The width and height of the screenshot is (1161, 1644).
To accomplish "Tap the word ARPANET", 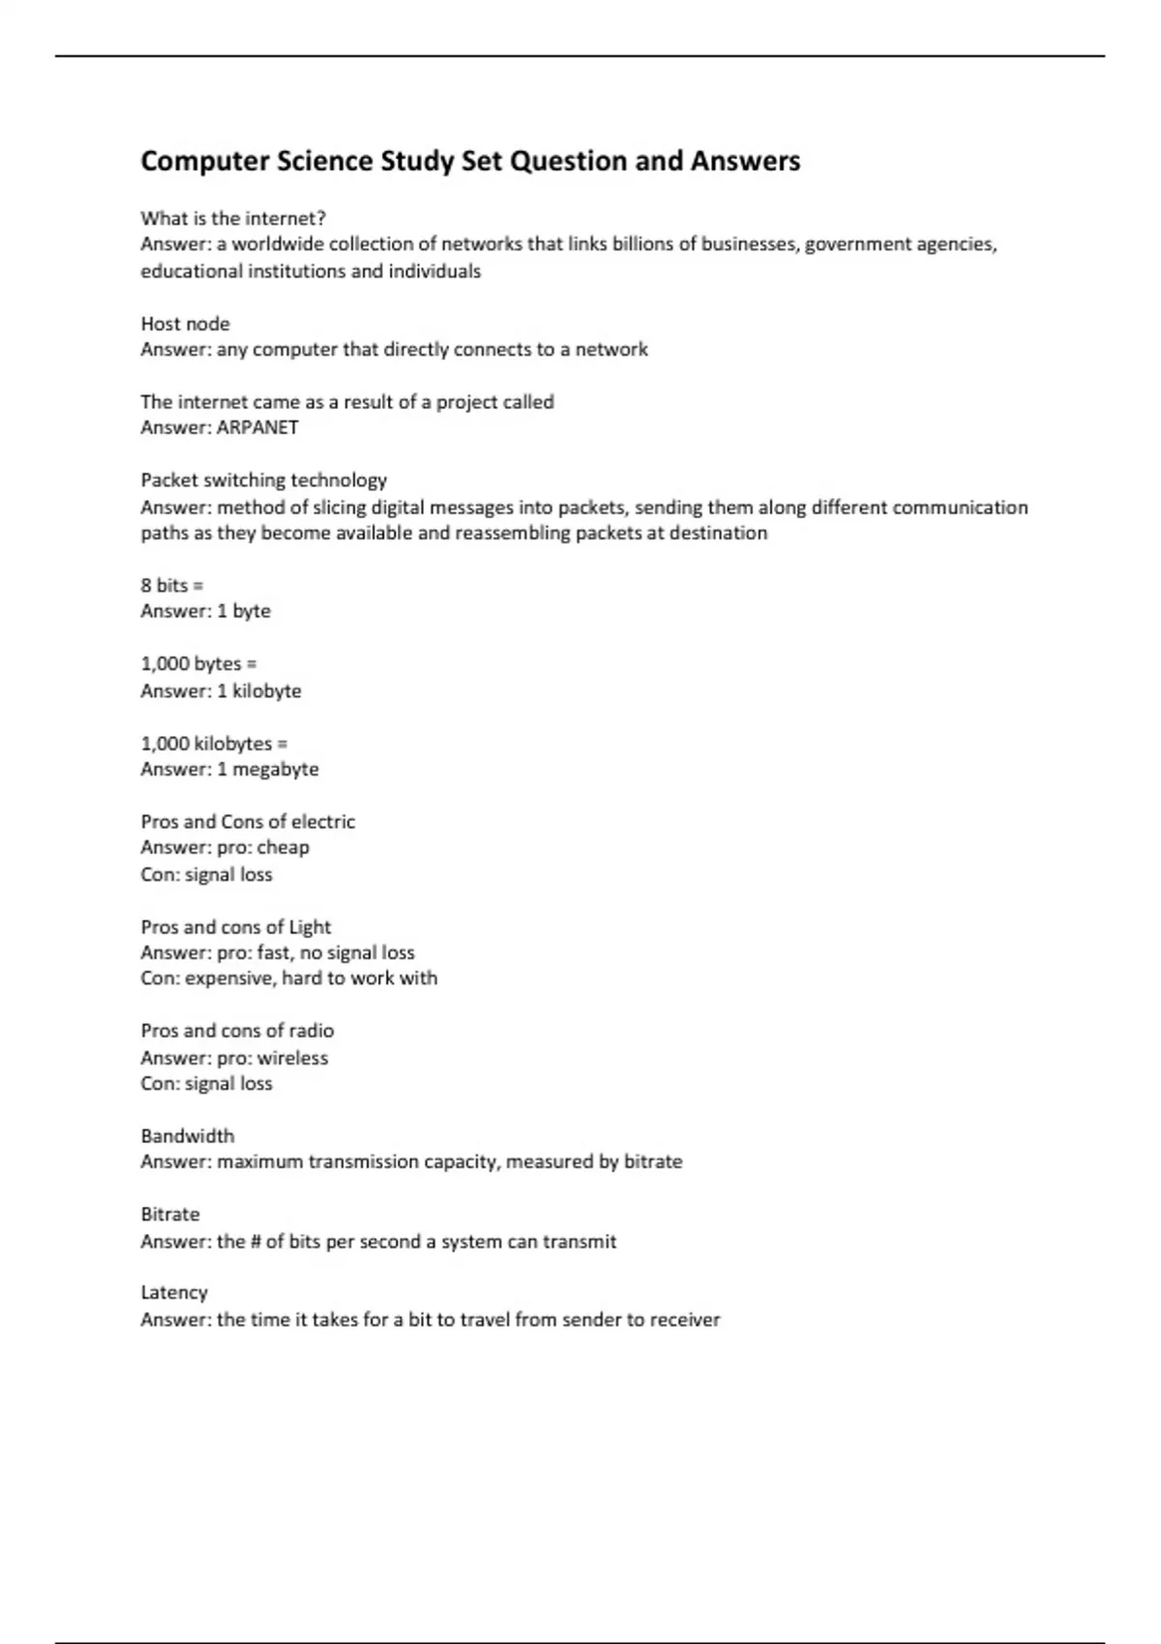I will [x=257, y=427].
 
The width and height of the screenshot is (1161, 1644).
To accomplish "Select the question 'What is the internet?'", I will [x=233, y=218].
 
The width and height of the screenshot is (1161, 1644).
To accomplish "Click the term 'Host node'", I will [x=185, y=323].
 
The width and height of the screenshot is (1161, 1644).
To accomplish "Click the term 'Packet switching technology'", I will [x=263, y=480].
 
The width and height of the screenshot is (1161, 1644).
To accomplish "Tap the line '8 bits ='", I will [x=171, y=585].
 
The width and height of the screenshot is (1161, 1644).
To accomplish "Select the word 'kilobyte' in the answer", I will [x=266, y=690].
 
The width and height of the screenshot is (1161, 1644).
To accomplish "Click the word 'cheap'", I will [x=283, y=847].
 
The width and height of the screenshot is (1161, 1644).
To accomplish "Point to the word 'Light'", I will [x=310, y=926].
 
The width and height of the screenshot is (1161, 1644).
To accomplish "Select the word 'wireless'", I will [x=292, y=1058].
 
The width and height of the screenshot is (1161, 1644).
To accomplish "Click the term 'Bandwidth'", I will [x=187, y=1135].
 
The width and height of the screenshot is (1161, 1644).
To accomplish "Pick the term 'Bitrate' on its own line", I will [x=170, y=1214].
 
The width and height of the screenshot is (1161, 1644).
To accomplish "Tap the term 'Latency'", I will [x=174, y=1292].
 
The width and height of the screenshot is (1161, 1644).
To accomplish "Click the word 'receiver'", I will [x=684, y=1319].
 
